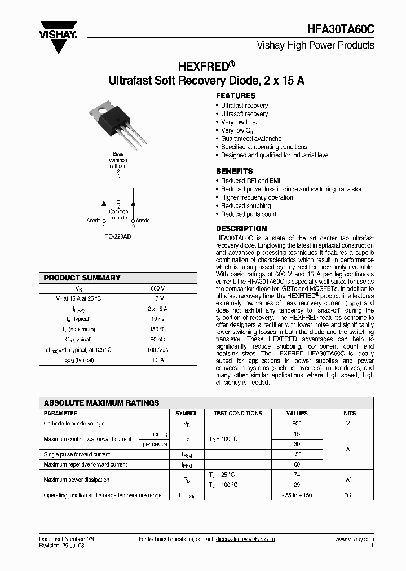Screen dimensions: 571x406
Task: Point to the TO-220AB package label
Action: (x=118, y=237)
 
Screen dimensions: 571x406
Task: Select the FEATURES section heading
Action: (x=236, y=96)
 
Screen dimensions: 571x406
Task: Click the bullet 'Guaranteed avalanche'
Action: (x=251, y=138)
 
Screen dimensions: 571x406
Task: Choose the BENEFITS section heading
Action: (x=235, y=171)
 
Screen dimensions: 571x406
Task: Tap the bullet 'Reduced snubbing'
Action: (x=246, y=206)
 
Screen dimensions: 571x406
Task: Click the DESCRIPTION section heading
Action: (x=241, y=229)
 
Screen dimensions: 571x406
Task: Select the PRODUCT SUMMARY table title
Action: (x=82, y=278)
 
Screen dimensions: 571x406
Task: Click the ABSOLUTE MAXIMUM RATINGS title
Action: (x=101, y=403)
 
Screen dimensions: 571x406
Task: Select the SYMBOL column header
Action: (x=187, y=413)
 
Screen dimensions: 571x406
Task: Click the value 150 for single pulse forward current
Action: (x=297, y=454)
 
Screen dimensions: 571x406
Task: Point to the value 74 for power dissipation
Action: (x=297, y=475)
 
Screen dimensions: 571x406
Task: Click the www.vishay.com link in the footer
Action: (x=354, y=539)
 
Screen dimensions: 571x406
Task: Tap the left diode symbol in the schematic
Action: (x=104, y=202)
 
